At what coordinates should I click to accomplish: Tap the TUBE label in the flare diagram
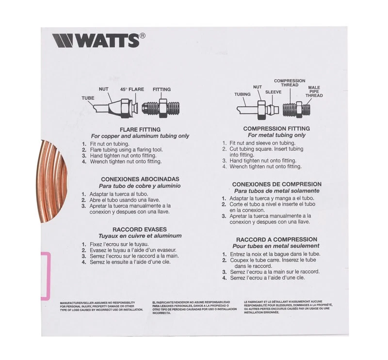click(88, 98)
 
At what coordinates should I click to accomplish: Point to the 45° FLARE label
click(133, 90)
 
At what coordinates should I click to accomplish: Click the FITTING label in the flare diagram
click(162, 90)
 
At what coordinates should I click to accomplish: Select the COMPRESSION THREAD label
click(290, 83)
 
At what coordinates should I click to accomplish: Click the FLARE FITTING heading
click(134, 129)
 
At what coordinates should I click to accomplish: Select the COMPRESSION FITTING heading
click(276, 128)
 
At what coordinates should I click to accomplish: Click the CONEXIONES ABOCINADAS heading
click(133, 179)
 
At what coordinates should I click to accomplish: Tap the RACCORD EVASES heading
click(133, 229)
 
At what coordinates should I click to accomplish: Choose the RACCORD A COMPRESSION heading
click(276, 239)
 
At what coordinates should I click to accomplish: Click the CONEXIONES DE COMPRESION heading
click(276, 185)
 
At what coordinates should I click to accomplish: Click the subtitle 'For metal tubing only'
click(276, 135)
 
